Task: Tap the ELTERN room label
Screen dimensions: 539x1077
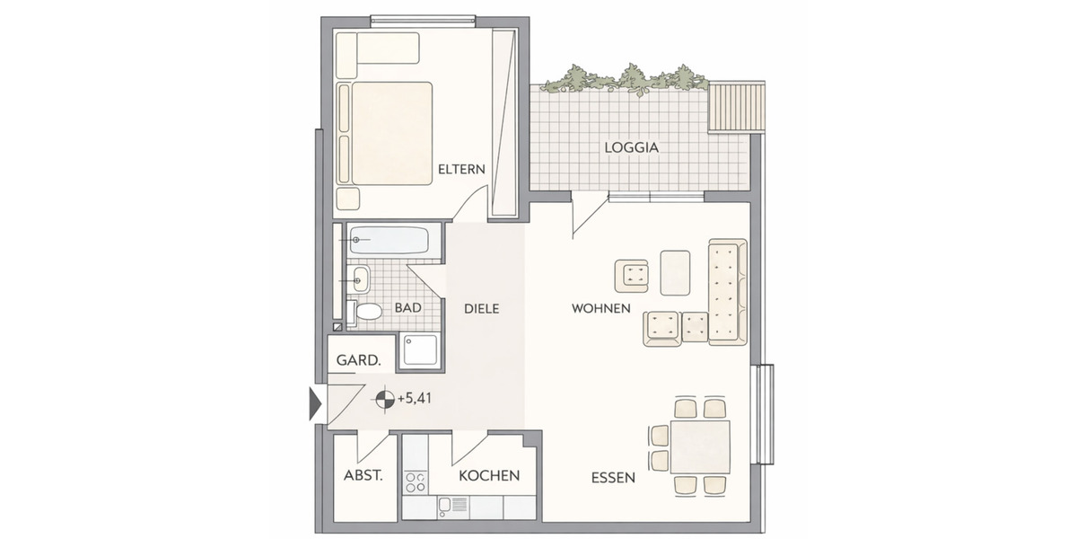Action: (461, 169)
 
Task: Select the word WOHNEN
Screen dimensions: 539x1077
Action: (600, 309)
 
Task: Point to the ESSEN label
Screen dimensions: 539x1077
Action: (613, 478)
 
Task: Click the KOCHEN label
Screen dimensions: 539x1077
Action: (488, 475)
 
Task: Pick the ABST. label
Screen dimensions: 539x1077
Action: (363, 475)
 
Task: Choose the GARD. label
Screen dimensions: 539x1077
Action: (358, 360)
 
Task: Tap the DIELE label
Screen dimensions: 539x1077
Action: (481, 309)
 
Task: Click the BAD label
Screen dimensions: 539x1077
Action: (407, 308)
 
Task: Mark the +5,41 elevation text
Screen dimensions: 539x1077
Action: (415, 399)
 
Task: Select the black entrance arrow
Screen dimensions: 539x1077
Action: (315, 403)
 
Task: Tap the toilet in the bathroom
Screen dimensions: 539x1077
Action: (367, 312)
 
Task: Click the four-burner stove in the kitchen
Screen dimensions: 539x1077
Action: (416, 482)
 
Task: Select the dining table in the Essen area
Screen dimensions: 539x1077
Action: (700, 446)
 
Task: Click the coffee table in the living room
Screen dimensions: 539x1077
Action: (675, 272)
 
